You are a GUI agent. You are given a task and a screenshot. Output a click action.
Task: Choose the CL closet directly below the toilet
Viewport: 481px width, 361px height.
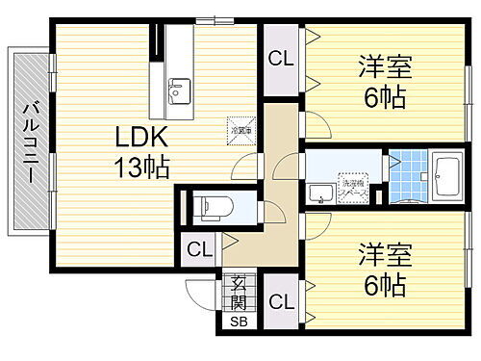click(198, 251)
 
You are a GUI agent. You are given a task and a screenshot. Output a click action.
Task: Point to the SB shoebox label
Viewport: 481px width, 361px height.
click(237, 321)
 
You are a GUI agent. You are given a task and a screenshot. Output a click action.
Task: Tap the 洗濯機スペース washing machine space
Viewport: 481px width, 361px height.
click(353, 185)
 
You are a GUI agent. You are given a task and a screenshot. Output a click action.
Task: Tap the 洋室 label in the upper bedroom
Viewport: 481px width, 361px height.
click(384, 67)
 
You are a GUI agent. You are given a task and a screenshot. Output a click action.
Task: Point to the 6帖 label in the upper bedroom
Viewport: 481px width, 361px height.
click(384, 97)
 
